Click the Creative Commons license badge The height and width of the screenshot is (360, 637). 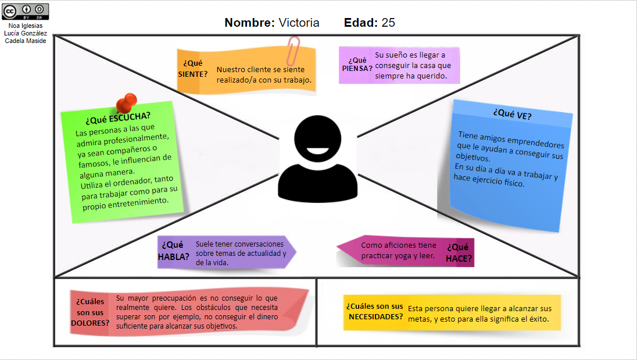25,11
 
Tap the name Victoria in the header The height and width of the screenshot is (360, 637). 299,23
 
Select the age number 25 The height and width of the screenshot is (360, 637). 388,23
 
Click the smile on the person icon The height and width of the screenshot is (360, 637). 317,154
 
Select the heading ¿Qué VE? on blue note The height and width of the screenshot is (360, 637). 512,114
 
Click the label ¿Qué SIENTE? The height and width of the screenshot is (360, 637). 193,68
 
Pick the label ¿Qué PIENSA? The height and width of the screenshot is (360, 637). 357,64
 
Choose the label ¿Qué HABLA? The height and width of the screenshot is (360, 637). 174,251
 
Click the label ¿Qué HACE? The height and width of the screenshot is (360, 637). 459,253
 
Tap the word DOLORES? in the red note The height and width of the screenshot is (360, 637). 90,323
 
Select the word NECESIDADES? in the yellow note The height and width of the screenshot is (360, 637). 375,316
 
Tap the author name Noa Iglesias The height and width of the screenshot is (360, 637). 25,26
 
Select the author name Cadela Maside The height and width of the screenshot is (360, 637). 25,41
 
